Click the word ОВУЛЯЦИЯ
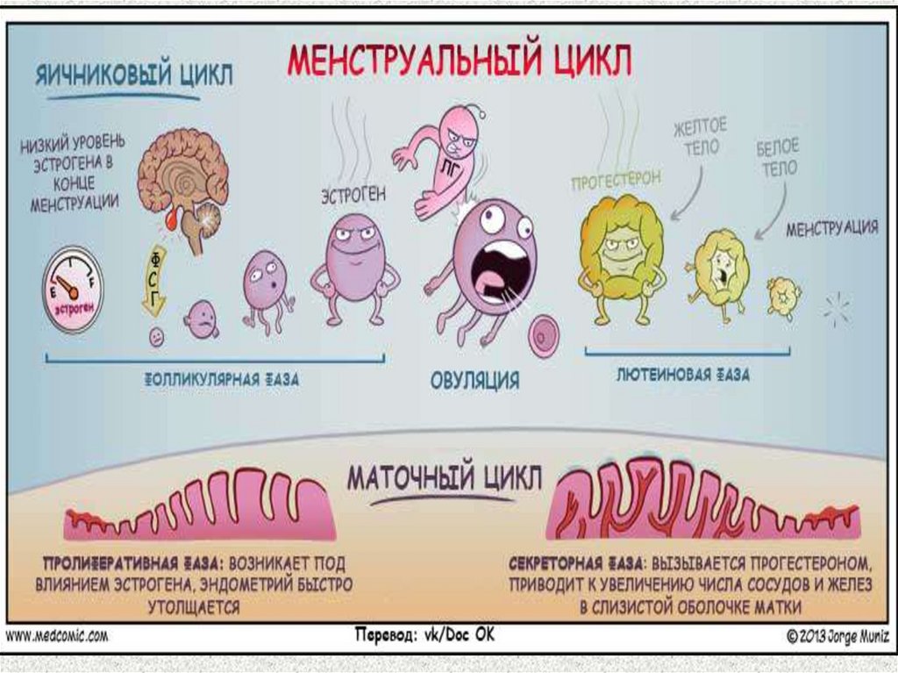coord(474,381)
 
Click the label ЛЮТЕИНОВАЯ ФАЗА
coord(684,375)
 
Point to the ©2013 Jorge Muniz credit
coord(830,635)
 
